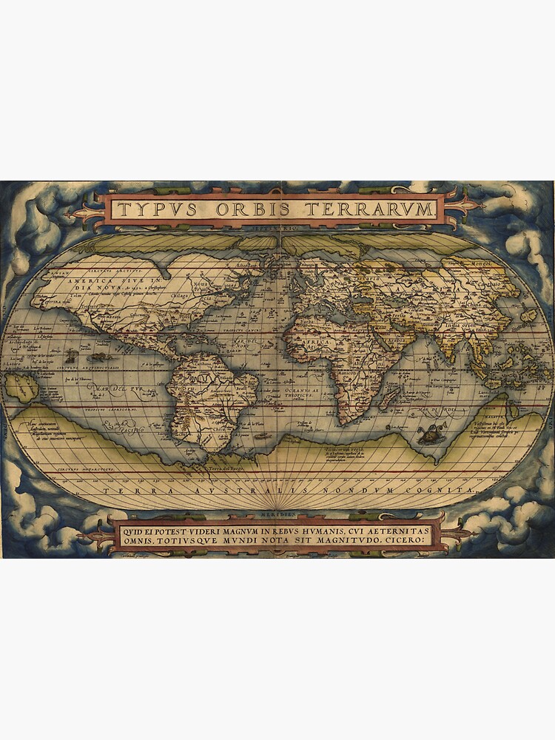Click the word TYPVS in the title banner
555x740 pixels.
click(157, 209)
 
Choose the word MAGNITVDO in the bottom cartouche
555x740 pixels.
click(362, 539)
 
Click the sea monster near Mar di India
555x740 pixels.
click(427, 434)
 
